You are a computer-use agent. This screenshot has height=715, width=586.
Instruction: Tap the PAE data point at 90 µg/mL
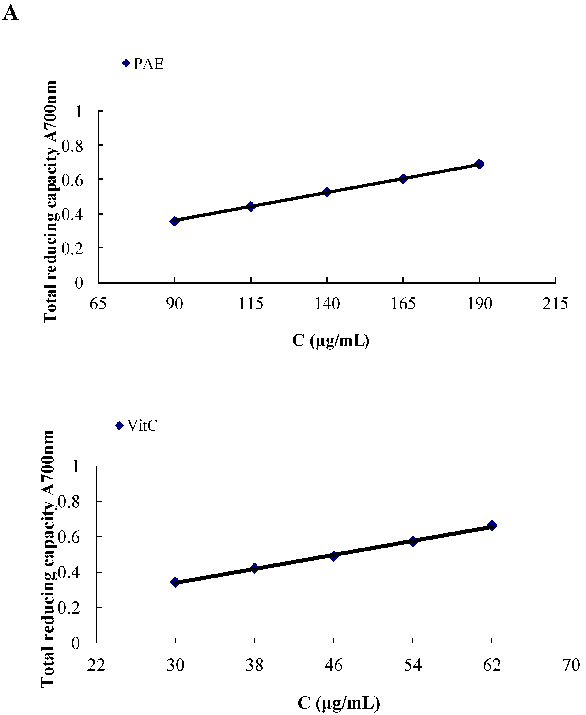point(174,221)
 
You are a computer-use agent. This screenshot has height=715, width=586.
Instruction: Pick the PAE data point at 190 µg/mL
point(479,164)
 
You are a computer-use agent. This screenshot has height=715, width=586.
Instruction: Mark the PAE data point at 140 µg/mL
point(327,192)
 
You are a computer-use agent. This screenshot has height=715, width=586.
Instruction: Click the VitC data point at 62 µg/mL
point(492,525)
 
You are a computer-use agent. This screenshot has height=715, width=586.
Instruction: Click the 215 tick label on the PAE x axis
point(555,304)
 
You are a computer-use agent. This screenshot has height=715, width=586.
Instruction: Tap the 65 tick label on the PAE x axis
point(98,304)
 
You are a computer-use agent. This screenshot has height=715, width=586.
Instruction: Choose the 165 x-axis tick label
point(403,304)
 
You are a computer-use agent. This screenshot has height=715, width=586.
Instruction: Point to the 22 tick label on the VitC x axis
point(96,665)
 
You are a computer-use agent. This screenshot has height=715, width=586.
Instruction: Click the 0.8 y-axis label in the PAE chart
point(72,146)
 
